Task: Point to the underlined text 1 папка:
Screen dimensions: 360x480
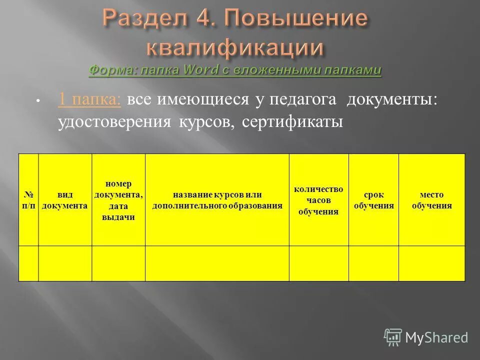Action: click(89, 99)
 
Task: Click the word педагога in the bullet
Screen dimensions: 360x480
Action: click(303, 99)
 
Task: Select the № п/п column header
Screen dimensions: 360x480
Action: click(28, 200)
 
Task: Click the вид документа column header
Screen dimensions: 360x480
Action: click(65, 200)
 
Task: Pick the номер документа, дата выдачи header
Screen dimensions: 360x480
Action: click(118, 200)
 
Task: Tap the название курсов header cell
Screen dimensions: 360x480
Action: click(217, 200)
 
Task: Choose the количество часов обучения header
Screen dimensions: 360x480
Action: click(318, 200)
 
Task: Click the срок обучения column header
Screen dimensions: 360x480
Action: click(373, 200)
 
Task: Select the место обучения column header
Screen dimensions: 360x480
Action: click(431, 200)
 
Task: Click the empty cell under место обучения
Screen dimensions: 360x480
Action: click(431, 263)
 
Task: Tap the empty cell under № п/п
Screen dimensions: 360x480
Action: click(28, 263)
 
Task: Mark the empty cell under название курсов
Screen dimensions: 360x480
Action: click(217, 263)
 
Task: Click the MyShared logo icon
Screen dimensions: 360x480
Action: click(393, 337)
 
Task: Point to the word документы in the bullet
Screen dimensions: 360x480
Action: click(392, 99)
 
